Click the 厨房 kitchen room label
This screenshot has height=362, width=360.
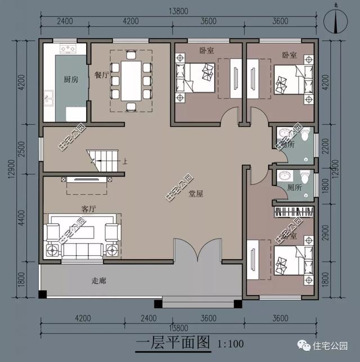coord(71,79)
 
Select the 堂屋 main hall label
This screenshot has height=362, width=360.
coord(196,194)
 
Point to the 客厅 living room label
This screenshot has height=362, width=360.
coord(88,209)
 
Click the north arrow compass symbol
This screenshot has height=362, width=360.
coord(336,22)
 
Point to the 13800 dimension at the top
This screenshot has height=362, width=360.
coord(181,10)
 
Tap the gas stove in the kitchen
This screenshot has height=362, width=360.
coord(67,49)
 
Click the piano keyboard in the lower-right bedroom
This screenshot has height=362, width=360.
coord(293,213)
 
